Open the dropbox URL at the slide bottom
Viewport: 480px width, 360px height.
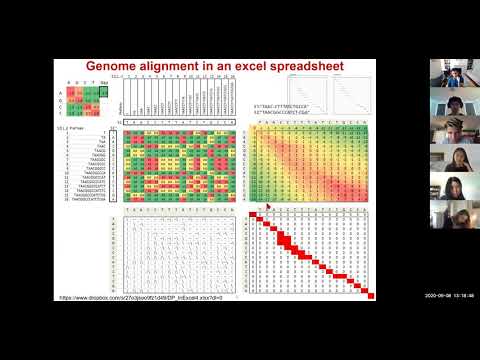(149, 298)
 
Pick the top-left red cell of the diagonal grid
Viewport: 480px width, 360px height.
(257, 214)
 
